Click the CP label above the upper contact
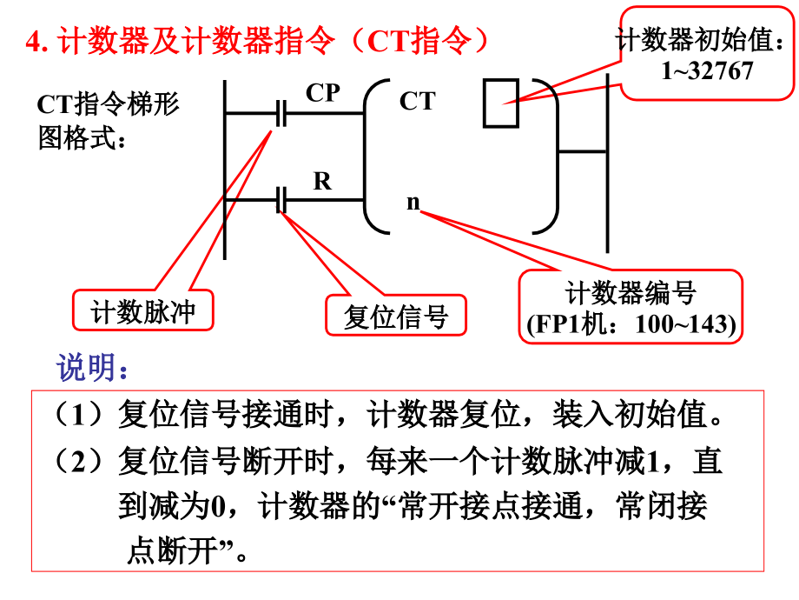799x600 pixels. (322, 92)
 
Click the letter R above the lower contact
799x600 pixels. (322, 181)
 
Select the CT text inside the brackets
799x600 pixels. (417, 102)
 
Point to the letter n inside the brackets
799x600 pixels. (413, 203)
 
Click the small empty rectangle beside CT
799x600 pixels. (501, 103)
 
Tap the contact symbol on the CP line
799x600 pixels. (281, 113)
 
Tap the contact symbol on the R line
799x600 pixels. (281, 200)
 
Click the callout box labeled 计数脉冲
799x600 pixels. (143, 311)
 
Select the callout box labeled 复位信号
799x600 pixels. (395, 317)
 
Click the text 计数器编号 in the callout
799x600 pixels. (631, 294)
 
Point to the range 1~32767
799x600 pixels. (707, 70)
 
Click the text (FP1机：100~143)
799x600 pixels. (631, 324)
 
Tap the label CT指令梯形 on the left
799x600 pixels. (108, 104)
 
